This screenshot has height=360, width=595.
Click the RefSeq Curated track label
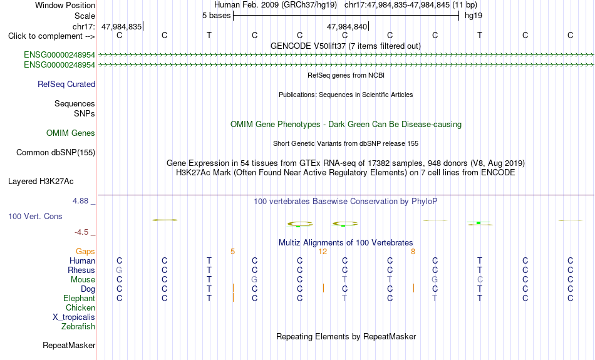coord(66,85)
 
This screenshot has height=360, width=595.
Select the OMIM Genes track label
coord(71,133)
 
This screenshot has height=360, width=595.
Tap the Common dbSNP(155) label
coord(56,153)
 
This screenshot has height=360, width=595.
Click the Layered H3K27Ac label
coord(41,182)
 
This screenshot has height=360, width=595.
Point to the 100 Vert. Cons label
coord(35,216)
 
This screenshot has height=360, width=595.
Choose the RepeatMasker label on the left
coord(69,345)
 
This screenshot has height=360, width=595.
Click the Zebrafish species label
coord(78,327)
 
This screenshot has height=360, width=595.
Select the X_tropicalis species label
coord(74,317)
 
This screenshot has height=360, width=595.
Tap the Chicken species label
coord(80,307)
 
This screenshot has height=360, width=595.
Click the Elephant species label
coord(80,299)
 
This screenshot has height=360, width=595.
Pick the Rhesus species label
coord(81,270)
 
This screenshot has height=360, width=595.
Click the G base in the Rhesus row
coord(119,270)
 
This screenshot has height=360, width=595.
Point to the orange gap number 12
coord(323,252)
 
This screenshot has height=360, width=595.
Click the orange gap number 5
coord(232,252)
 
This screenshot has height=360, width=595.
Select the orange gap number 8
coord(413,252)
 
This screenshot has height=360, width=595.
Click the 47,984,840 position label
coord(347,26)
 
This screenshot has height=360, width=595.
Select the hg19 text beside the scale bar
coord(473,16)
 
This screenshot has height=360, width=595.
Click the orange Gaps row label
coord(85,252)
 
